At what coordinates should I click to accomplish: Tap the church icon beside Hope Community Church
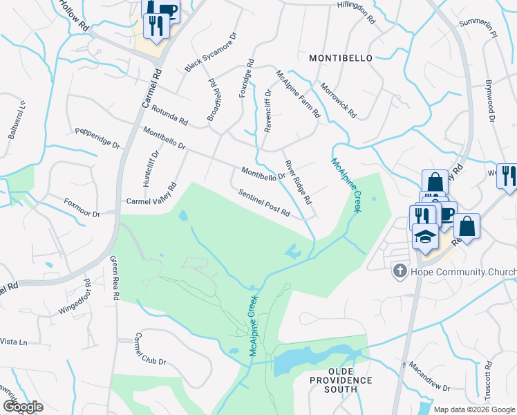[x=399, y=271]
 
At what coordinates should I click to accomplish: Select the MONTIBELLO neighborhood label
[x=340, y=58]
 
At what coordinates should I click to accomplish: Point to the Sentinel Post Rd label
[x=264, y=202]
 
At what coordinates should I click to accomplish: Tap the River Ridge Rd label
[x=299, y=182]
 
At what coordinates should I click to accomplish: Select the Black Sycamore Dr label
[x=211, y=52]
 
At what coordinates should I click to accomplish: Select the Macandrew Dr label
[x=429, y=376]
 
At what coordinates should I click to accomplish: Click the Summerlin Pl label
[x=478, y=29]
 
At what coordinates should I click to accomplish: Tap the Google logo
[x=23, y=407]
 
